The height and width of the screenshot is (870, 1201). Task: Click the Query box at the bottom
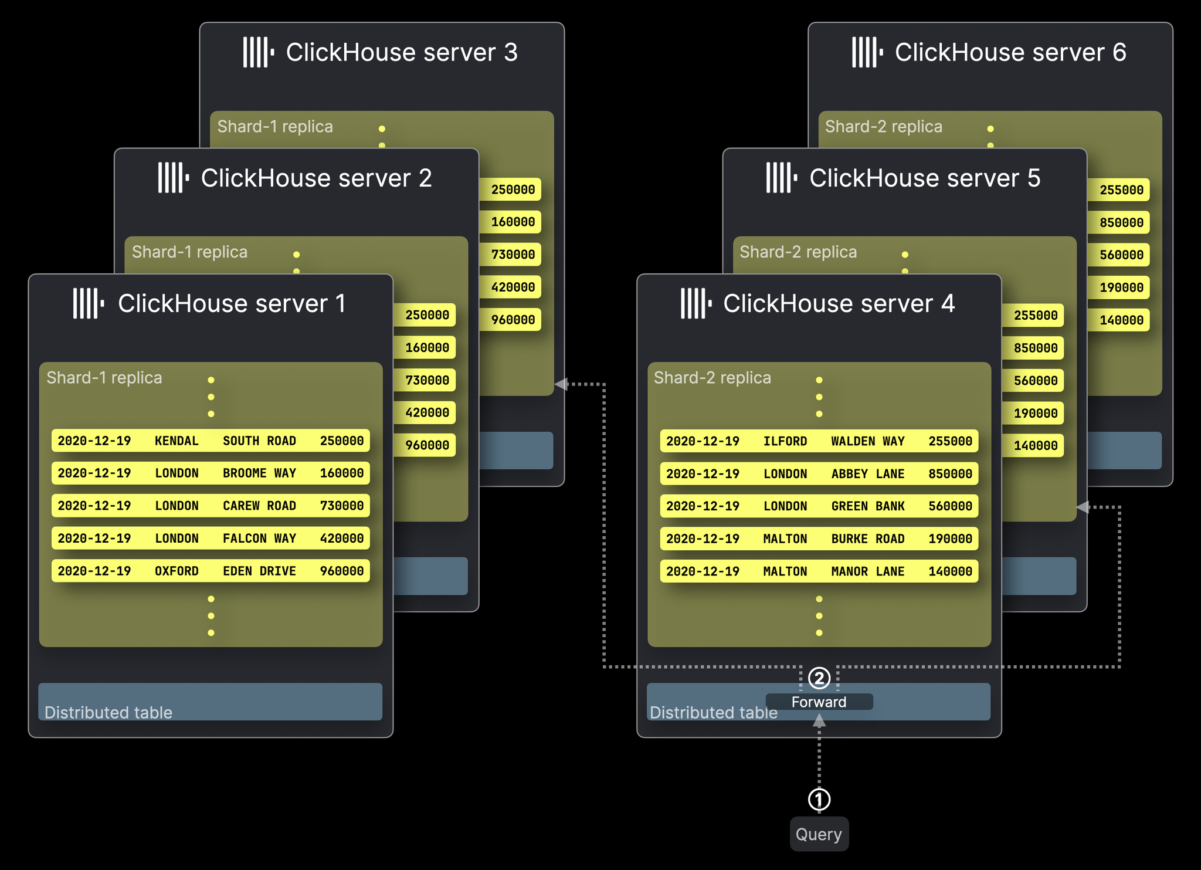pyautogui.click(x=819, y=834)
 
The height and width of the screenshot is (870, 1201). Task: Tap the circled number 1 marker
pyautogui.click(x=819, y=799)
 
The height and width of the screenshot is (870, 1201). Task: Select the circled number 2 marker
pyautogui.click(x=819, y=678)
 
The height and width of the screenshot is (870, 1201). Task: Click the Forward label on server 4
pyautogui.click(x=819, y=702)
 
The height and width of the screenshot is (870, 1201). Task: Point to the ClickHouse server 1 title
pyautogui.click(x=232, y=304)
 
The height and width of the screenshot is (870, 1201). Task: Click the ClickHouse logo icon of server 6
pyautogui.click(x=867, y=52)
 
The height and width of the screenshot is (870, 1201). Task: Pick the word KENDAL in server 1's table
pyautogui.click(x=177, y=441)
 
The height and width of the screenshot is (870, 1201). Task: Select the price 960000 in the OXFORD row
pyautogui.click(x=342, y=571)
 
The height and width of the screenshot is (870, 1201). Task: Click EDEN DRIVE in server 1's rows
pyautogui.click(x=259, y=571)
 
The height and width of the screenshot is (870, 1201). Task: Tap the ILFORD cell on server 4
pyautogui.click(x=785, y=441)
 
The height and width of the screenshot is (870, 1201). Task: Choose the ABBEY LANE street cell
pyautogui.click(x=867, y=473)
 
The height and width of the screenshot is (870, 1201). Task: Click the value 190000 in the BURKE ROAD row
pyautogui.click(x=950, y=539)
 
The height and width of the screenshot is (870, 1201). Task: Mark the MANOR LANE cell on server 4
pyautogui.click(x=867, y=571)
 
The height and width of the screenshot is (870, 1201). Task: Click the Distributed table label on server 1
pyautogui.click(x=108, y=712)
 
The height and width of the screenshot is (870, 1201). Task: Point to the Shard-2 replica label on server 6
pyautogui.click(x=883, y=127)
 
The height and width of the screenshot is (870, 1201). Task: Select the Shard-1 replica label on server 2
pyautogui.click(x=189, y=252)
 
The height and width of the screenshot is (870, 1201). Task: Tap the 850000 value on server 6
pyautogui.click(x=1121, y=222)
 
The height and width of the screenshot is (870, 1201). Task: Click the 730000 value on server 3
pyautogui.click(x=513, y=255)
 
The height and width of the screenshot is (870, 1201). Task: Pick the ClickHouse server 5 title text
pyautogui.click(x=925, y=178)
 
